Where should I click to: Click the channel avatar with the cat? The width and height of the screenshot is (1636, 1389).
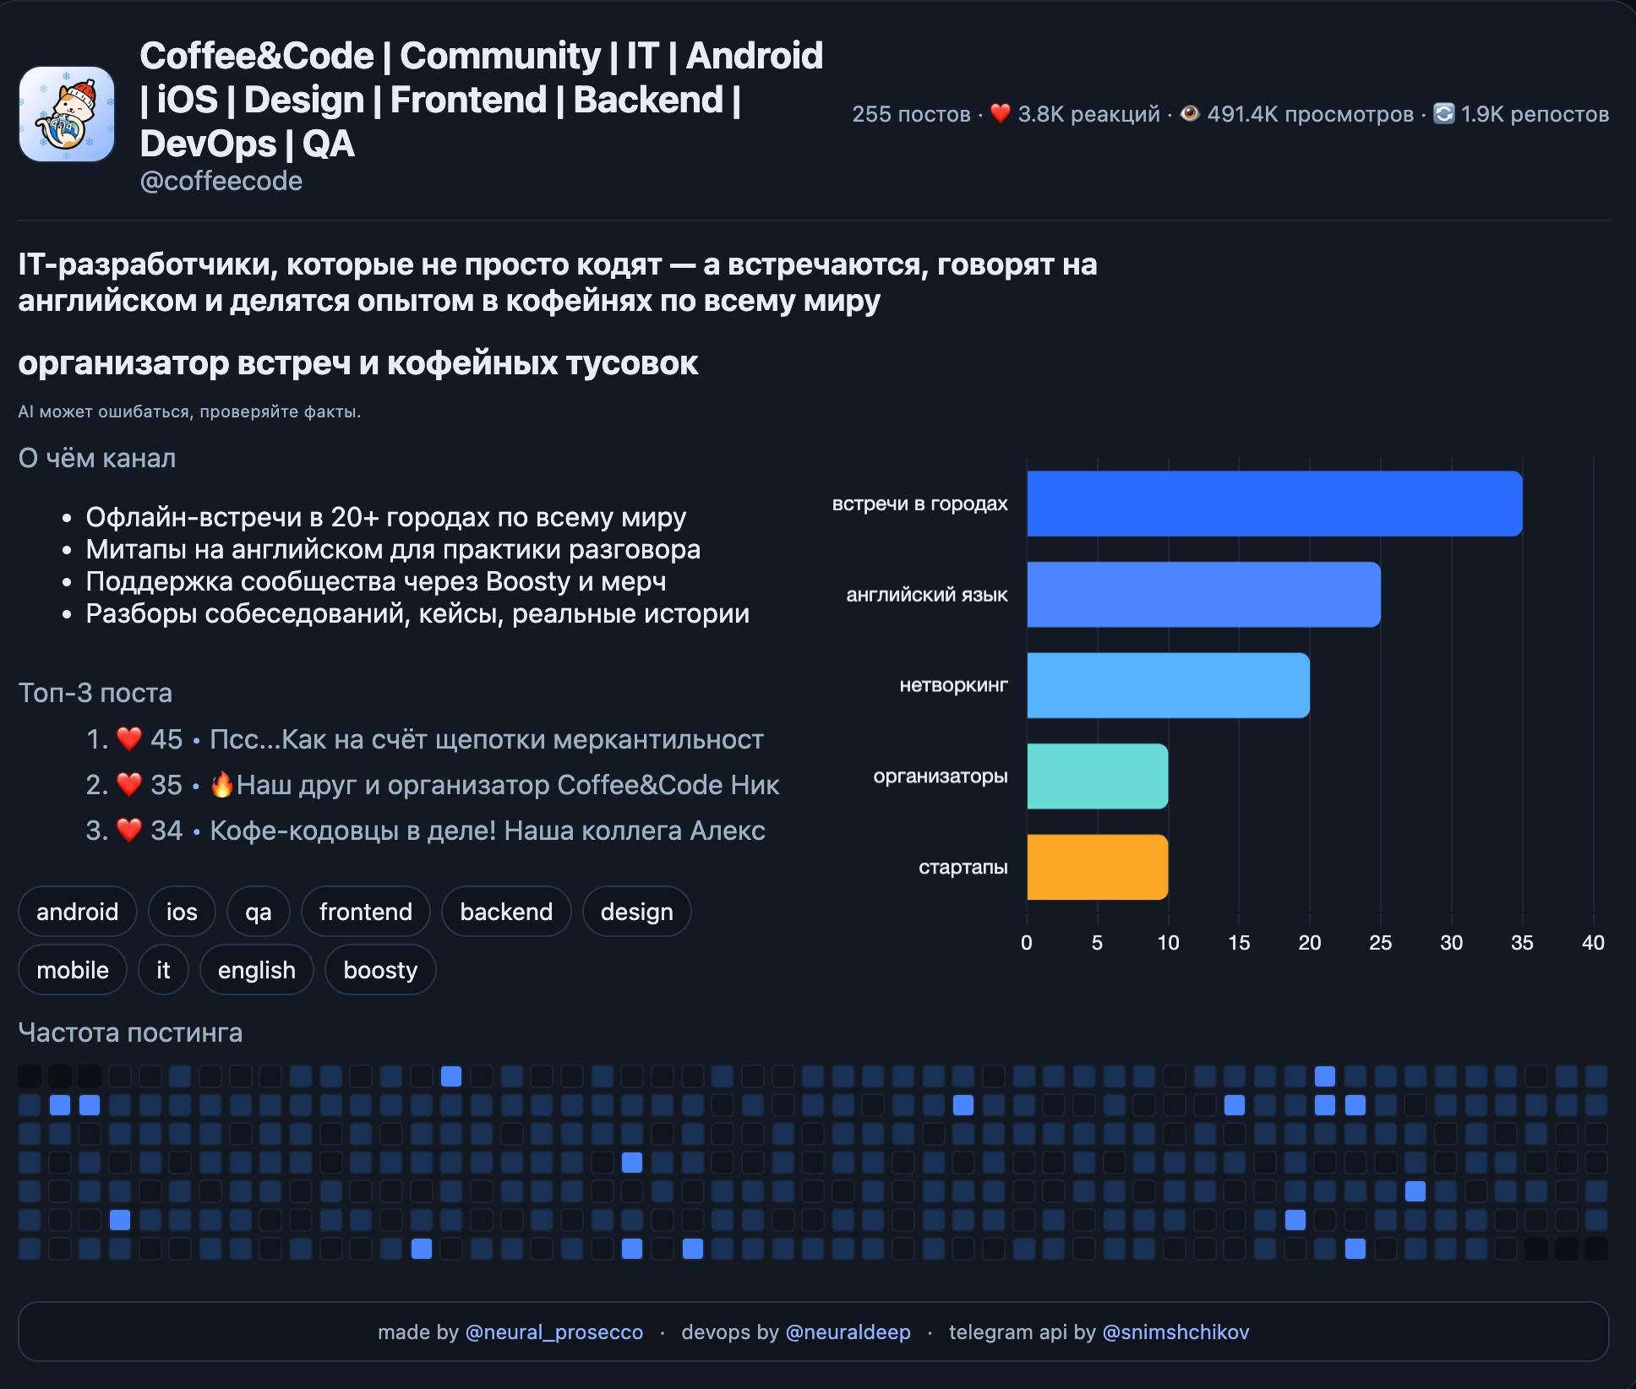click(x=67, y=114)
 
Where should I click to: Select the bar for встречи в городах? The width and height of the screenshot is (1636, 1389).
click(x=1273, y=504)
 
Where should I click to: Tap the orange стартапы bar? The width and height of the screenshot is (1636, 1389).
click(x=1097, y=867)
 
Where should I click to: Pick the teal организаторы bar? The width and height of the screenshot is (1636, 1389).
click(x=1097, y=776)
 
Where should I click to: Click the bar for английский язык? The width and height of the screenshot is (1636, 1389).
click(x=1203, y=595)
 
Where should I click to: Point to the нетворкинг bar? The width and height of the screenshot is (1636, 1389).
click(x=1168, y=685)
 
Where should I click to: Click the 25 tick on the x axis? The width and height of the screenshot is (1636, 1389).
click(x=1380, y=943)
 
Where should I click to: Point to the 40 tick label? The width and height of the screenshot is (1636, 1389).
click(x=1592, y=943)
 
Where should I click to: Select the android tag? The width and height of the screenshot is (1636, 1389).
click(x=77, y=912)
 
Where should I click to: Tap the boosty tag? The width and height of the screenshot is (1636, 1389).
click(x=380, y=970)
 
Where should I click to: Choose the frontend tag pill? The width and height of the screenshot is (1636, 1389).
click(x=365, y=912)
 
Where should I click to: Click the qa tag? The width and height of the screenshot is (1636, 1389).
click(x=259, y=912)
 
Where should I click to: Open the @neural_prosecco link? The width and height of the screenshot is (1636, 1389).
click(x=554, y=1332)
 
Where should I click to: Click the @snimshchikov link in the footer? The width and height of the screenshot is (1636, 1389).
click(x=1175, y=1332)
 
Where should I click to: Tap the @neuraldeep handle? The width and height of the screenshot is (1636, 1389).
click(x=848, y=1332)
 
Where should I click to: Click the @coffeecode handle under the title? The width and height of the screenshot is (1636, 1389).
click(x=221, y=181)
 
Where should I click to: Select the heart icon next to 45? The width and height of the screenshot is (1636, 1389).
click(x=129, y=739)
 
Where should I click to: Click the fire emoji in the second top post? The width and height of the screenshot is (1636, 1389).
click(x=222, y=785)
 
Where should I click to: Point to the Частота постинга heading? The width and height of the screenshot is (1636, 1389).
click(x=130, y=1032)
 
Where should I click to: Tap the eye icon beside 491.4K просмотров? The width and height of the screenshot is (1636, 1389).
click(x=1190, y=113)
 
